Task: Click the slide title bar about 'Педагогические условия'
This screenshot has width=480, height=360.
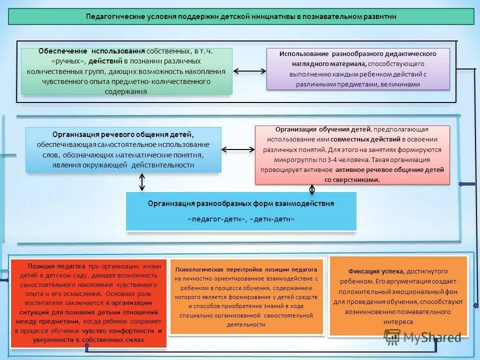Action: (x=240, y=16)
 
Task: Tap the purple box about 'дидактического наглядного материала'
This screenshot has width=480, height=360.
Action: (x=357, y=69)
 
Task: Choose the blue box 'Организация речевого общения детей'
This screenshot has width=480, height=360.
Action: (x=123, y=149)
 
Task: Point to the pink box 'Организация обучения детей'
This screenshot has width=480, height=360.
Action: (x=352, y=155)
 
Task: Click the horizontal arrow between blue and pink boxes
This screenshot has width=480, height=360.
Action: (x=238, y=149)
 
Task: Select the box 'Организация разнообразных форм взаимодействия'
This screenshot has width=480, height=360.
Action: (x=241, y=211)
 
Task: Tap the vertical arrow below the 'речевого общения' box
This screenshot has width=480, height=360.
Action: (x=142, y=182)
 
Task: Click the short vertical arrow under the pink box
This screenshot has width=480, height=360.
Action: (x=312, y=190)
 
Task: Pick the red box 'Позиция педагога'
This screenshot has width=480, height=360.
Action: (x=88, y=303)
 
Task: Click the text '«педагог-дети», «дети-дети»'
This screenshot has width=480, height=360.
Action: (x=241, y=219)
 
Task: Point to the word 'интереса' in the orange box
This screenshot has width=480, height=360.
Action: (x=398, y=322)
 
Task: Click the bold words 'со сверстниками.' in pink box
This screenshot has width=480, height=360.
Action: (x=352, y=179)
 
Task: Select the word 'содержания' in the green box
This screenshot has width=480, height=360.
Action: (x=126, y=91)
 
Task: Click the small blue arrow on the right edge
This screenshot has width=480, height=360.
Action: (x=466, y=184)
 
